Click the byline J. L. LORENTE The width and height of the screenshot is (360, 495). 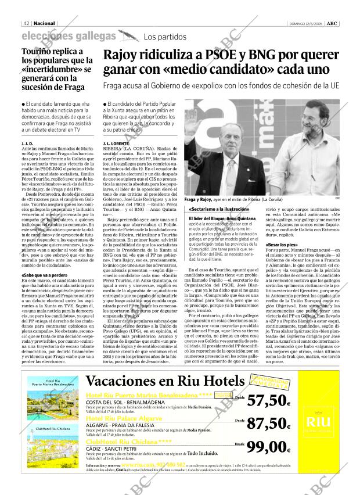pyautogui.click(x=114, y=142)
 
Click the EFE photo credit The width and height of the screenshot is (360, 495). pyautogui.click(x=337, y=199)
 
